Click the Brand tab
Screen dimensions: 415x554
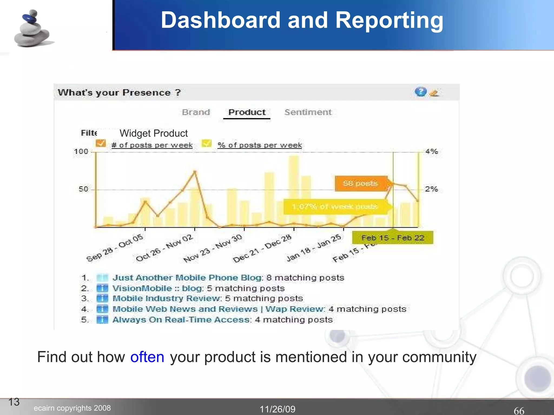click(196, 112)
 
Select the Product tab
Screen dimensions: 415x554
click(247, 112)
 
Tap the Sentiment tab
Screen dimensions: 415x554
click(308, 112)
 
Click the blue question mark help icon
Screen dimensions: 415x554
click(420, 92)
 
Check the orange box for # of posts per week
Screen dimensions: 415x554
click(101, 143)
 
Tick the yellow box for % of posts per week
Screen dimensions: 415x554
click(206, 143)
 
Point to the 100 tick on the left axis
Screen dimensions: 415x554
click(81, 151)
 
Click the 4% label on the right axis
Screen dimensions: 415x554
click(431, 151)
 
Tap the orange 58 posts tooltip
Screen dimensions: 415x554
click(360, 183)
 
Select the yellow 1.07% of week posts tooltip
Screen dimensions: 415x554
click(335, 207)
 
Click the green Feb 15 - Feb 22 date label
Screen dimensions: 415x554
click(393, 238)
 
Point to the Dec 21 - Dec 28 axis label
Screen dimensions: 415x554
click(262, 249)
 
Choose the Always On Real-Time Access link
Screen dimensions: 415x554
click(181, 320)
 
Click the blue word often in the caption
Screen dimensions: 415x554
click(147, 357)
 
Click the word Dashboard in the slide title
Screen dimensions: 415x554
click(220, 20)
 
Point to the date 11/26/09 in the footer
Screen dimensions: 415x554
click(278, 409)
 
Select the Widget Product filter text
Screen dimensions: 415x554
click(153, 133)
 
